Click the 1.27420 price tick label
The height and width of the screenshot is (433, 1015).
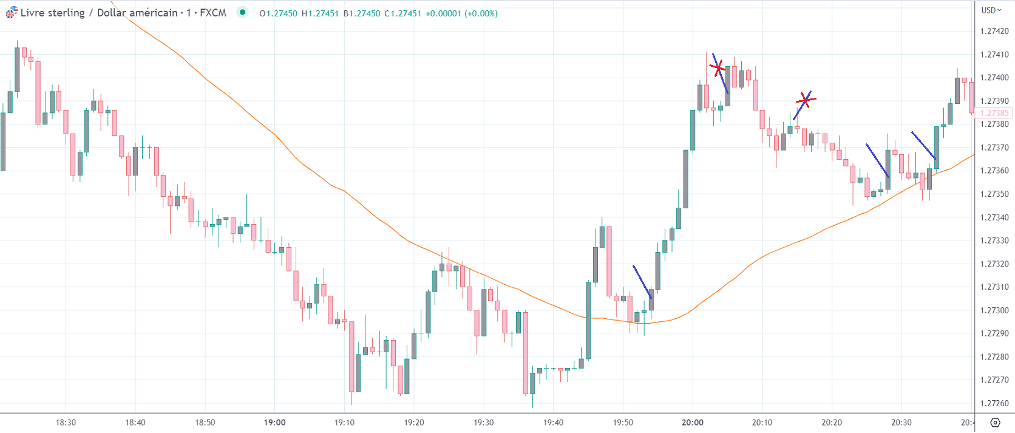pyautogui.click(x=994, y=31)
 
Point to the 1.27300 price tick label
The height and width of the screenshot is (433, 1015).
pyautogui.click(x=994, y=310)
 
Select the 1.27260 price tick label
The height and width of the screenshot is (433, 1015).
pyautogui.click(x=994, y=403)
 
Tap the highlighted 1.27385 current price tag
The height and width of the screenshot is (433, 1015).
pyautogui.click(x=994, y=113)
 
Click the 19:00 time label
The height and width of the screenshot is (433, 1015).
pyautogui.click(x=275, y=423)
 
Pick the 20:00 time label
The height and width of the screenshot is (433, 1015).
pyautogui.click(x=693, y=423)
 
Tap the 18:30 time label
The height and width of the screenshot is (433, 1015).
pyautogui.click(x=66, y=423)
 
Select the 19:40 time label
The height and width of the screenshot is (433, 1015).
pyautogui.click(x=553, y=423)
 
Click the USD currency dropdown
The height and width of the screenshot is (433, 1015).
pyautogui.click(x=991, y=10)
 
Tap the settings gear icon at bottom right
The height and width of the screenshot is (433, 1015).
pyautogui.click(x=995, y=423)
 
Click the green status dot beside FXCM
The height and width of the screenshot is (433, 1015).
pyautogui.click(x=242, y=12)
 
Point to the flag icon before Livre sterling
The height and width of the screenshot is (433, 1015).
pyautogui.click(x=12, y=13)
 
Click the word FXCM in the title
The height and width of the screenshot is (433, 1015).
pyautogui.click(x=213, y=13)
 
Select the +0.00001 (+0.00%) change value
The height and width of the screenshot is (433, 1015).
pyautogui.click(x=462, y=13)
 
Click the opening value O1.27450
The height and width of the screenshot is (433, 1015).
pyautogui.click(x=278, y=13)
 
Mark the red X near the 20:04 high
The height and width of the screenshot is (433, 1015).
pyautogui.click(x=718, y=67)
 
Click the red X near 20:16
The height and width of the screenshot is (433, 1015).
pyautogui.click(x=806, y=99)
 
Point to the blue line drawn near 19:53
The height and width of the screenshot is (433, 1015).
pyautogui.click(x=642, y=282)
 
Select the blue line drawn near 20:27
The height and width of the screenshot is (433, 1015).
pyautogui.click(x=877, y=160)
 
